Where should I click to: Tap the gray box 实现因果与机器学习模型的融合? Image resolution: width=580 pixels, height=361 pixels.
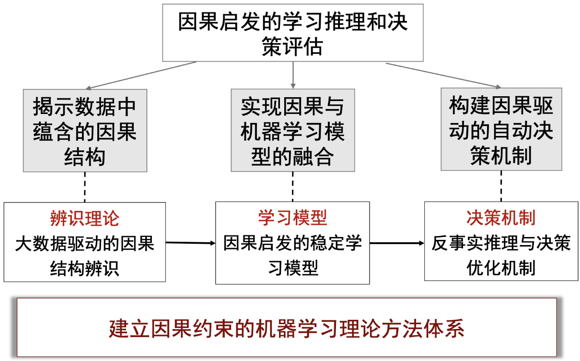292,130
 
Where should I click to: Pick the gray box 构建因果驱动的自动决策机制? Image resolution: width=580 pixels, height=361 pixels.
501,129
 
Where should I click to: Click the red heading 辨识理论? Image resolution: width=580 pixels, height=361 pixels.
85,219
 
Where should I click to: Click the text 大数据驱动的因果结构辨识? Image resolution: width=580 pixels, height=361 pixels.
85,256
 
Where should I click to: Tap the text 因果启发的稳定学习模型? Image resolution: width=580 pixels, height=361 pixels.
292,256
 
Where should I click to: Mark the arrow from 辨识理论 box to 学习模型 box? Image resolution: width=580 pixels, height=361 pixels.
190,243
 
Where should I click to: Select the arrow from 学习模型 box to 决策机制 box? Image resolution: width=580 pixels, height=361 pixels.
397,243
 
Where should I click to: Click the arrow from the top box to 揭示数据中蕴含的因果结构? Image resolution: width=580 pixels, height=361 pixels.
141,76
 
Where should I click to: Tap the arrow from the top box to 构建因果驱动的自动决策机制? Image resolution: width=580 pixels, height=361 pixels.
443,75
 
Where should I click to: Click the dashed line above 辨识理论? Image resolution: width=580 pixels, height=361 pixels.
85,187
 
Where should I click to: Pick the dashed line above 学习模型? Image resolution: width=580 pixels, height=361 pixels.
292,186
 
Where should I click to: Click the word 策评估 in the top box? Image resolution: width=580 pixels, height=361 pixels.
292,47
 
